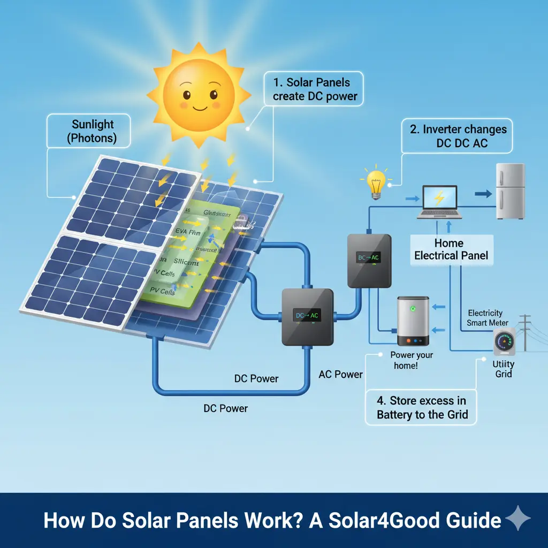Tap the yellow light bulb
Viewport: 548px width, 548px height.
pyautogui.click(x=376, y=182)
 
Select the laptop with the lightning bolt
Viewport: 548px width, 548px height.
pyautogui.click(x=439, y=202)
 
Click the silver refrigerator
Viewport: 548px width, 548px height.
pyautogui.click(x=509, y=191)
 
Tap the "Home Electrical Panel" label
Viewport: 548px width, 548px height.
pyautogui.click(x=451, y=249)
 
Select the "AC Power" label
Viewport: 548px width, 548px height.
pyautogui.click(x=340, y=374)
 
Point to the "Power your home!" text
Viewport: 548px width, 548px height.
pyautogui.click(x=412, y=360)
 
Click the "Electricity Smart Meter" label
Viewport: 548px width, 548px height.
pyautogui.click(x=485, y=318)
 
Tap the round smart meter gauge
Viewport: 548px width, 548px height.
pyautogui.click(x=504, y=341)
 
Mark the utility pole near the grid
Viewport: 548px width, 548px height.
pyautogui.click(x=527, y=332)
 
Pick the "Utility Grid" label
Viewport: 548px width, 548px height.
pyautogui.click(x=503, y=369)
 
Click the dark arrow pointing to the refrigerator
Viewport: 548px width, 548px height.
pyautogui.click(x=483, y=194)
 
